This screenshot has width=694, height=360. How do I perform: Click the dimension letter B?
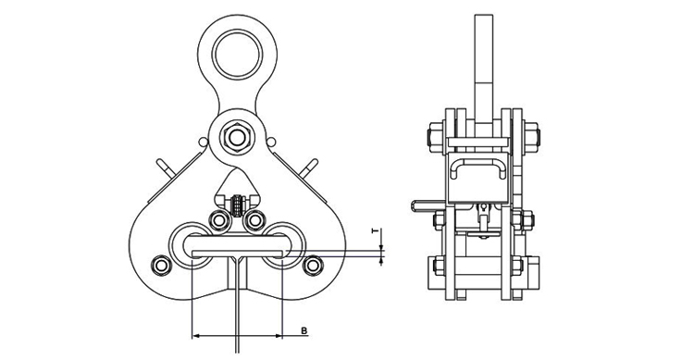304,330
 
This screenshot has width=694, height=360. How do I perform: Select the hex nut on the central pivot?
237,137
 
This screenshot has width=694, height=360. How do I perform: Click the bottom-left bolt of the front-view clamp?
161,266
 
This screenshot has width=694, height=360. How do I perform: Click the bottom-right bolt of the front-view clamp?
313,266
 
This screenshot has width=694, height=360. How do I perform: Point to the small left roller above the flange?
219,219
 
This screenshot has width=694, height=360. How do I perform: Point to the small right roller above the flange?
255,219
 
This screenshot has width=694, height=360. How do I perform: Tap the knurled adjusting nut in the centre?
239,205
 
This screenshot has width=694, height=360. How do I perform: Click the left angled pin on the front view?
164,168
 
